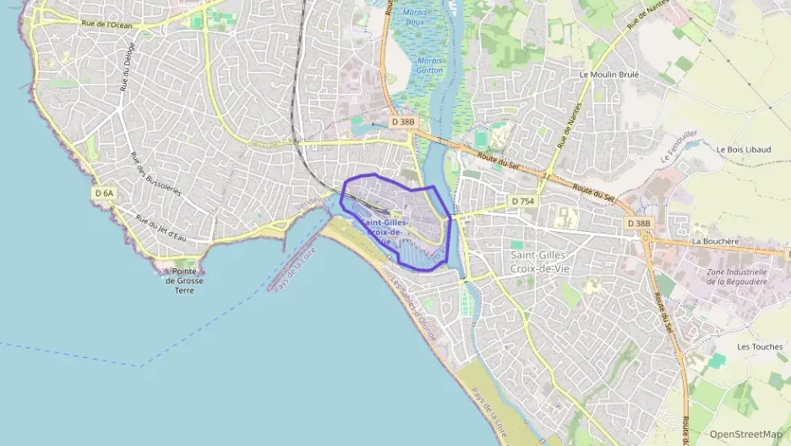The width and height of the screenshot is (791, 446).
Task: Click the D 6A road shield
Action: (104, 193)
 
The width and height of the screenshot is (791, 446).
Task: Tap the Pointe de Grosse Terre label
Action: (183, 281)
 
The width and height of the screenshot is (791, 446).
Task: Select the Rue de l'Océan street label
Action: (107, 25)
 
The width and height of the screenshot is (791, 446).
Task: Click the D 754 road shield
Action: (521, 201)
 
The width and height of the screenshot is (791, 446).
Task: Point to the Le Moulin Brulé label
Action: (608, 74)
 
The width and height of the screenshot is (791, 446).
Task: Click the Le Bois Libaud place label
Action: (743, 149)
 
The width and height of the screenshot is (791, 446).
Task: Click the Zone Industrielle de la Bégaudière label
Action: (735, 277)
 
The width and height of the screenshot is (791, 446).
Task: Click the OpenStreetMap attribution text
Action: (745, 433)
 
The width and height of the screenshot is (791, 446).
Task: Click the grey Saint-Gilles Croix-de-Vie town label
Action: (545, 260)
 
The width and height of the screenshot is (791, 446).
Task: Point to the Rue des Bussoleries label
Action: (155, 174)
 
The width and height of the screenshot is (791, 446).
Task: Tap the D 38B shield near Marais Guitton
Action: (403, 122)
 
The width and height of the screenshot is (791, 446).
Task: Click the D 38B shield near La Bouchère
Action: (639, 223)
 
